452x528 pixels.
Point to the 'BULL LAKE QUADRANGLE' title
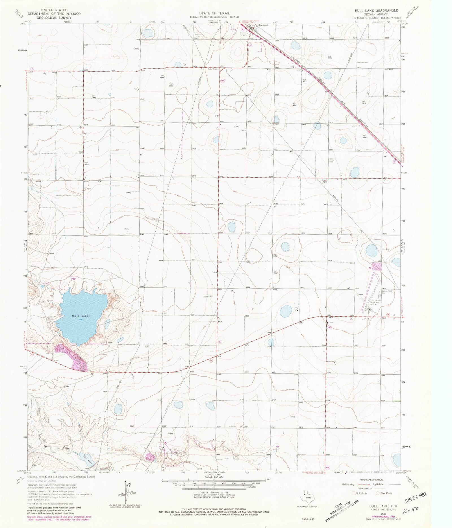(377, 10)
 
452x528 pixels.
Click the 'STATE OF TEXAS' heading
(214, 13)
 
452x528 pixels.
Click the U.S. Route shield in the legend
(353, 493)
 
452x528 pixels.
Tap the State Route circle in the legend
(378, 493)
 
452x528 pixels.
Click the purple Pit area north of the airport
(377, 267)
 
